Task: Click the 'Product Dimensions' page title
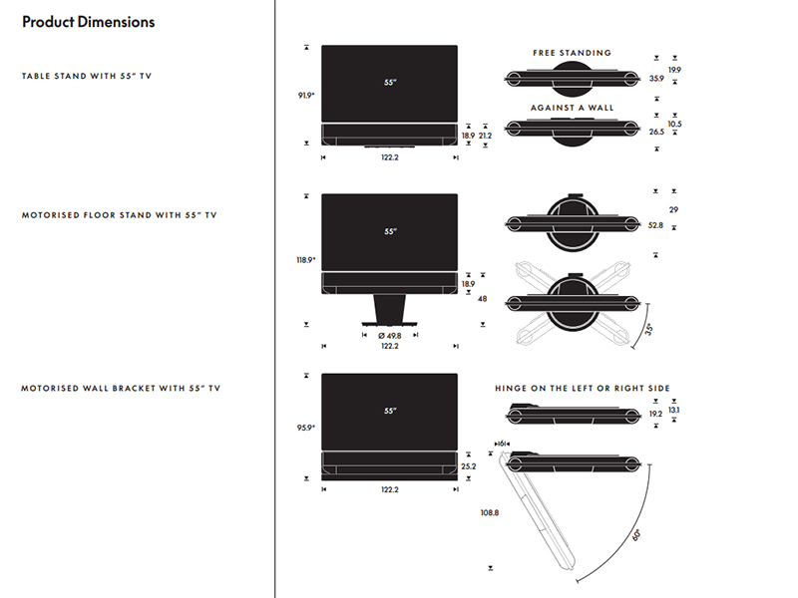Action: [x=88, y=21]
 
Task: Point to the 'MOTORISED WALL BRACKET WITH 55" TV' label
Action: [x=121, y=388]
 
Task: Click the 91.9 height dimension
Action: [x=305, y=95]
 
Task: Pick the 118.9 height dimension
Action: [x=305, y=260]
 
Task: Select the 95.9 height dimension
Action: [x=305, y=428]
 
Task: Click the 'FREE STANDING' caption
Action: [x=572, y=53]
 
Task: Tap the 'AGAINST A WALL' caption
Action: [x=572, y=108]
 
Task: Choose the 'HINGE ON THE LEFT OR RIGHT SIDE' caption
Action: [x=583, y=388]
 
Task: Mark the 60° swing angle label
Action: [x=636, y=534]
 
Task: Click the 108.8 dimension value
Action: [x=490, y=513]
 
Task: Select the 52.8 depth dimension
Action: [x=655, y=226]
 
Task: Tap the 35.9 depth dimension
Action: [x=655, y=78]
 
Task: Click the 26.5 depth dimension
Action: [x=655, y=132]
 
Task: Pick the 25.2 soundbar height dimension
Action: [x=469, y=465]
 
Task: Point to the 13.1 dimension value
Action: [x=674, y=411]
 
